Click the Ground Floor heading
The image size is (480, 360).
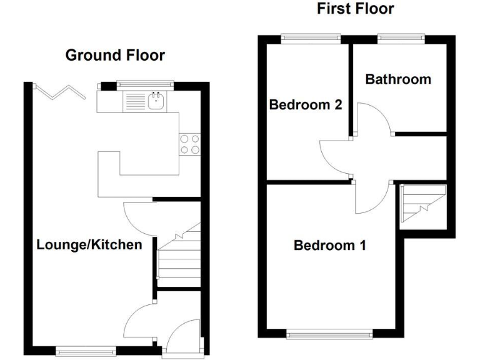point(115,56)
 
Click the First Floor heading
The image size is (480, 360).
point(355,9)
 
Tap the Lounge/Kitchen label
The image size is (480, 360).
point(89,244)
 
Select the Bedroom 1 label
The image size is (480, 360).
point(329,246)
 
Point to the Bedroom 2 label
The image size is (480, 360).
point(305,105)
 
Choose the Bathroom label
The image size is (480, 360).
point(398,79)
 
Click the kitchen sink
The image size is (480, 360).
point(155,100)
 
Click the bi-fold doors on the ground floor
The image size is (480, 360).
point(61,92)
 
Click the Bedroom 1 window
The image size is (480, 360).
point(329,335)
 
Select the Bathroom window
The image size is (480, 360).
point(401,38)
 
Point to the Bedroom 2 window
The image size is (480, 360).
point(310,38)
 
